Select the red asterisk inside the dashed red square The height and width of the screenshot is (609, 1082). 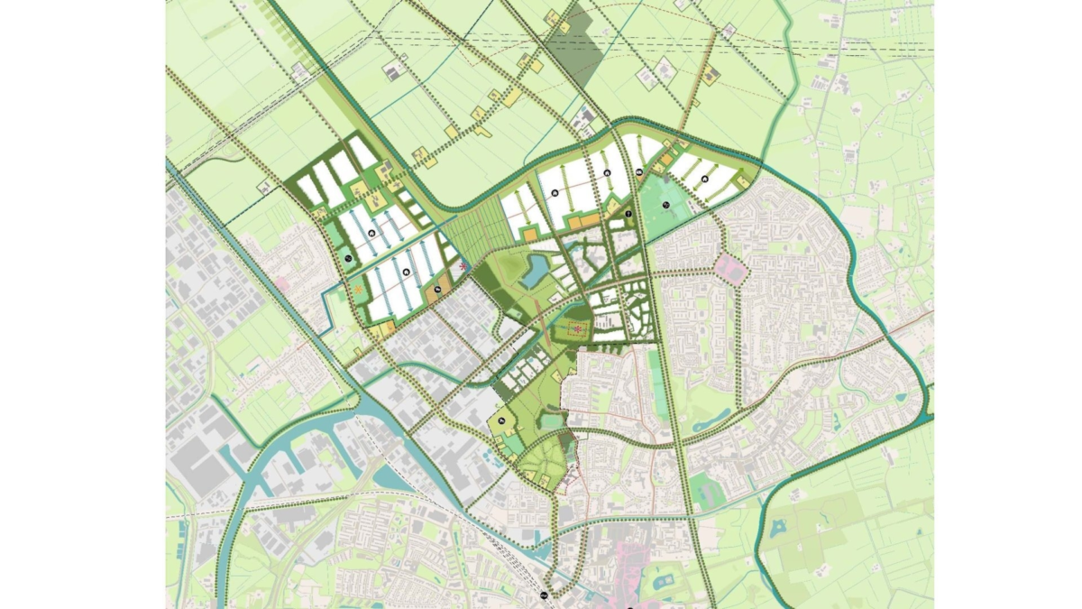click(577, 330)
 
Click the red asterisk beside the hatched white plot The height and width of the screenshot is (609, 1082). click(464, 267)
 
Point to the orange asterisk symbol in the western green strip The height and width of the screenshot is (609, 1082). click(359, 289)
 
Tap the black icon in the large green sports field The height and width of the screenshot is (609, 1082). click(665, 206)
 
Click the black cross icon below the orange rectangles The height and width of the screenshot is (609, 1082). click(628, 214)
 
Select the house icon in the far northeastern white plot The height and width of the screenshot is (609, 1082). click(707, 180)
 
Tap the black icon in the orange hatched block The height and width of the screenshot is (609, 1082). click(437, 289)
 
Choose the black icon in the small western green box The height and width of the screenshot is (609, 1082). click(348, 259)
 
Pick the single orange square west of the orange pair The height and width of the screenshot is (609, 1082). click(531, 235)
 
